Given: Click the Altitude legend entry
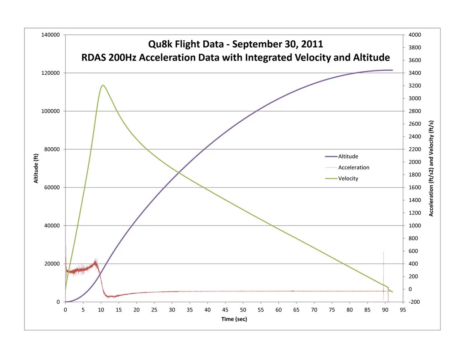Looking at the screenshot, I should pos(348,157).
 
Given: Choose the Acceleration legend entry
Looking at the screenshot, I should pos(353,168).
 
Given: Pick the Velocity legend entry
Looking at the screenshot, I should pos(348,179).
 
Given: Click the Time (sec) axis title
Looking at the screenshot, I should pos(234,319).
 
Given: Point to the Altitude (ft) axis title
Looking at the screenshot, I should pos(36,168).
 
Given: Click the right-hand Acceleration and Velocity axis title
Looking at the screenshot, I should pos(431,168).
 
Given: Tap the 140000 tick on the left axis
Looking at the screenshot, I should pos(50,35).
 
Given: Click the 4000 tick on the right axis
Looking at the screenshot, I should pos(414,35).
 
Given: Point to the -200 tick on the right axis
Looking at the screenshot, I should pos(414,302).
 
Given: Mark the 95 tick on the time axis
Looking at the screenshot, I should pos(403,310).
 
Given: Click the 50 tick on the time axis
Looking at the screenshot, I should pos(243,310).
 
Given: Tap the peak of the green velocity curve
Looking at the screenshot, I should pos(103,85).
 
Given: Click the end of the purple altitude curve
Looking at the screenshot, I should pos(392,70).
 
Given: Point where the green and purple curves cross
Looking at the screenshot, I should pos(178,173).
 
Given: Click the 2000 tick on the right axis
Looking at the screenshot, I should pos(414,162).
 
